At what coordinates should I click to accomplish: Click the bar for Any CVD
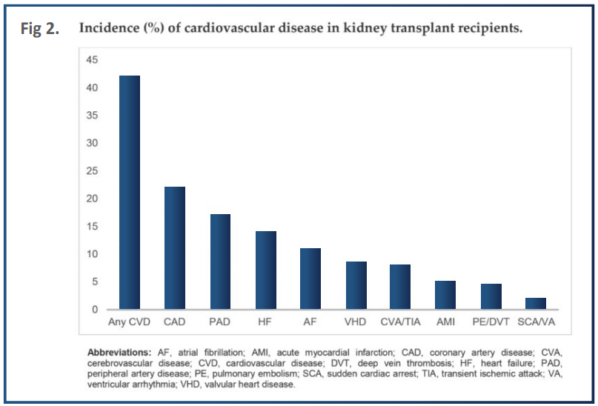coord(130,193)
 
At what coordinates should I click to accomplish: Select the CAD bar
coord(175,248)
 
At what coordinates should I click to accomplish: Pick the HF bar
coord(265,270)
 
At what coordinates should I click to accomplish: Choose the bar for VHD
coord(356,285)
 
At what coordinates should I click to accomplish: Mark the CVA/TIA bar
coord(400,287)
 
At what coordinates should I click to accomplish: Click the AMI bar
coord(445,295)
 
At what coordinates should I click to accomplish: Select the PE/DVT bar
coord(491,296)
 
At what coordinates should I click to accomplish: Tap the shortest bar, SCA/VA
coord(536,304)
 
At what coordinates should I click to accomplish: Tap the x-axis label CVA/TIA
coord(400,323)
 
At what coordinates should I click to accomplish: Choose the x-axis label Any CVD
coord(130,323)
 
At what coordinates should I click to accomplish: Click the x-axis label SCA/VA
coord(536,323)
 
